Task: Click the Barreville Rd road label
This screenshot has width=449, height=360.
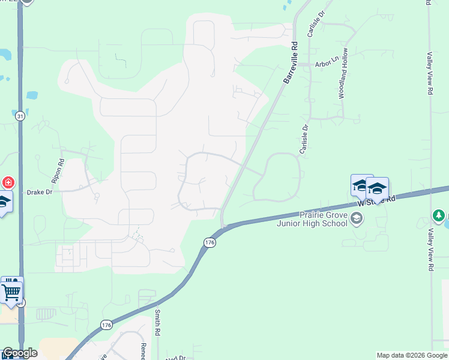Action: click(291, 62)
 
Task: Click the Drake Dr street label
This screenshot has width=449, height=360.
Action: click(40, 193)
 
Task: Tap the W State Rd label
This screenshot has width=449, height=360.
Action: click(377, 200)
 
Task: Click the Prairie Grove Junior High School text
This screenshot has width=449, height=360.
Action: click(312, 219)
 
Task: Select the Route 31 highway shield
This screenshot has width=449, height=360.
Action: click(20, 116)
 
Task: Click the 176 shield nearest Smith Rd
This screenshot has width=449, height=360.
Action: click(106, 325)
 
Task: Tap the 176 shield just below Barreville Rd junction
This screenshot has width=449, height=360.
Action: click(208, 242)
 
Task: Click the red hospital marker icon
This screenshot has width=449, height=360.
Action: click(8, 182)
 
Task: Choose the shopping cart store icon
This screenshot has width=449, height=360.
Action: click(11, 292)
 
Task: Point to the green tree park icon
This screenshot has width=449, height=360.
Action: click(439, 215)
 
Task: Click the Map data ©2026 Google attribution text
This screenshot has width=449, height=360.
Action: click(412, 355)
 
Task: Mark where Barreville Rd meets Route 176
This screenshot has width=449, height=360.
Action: click(223, 227)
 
